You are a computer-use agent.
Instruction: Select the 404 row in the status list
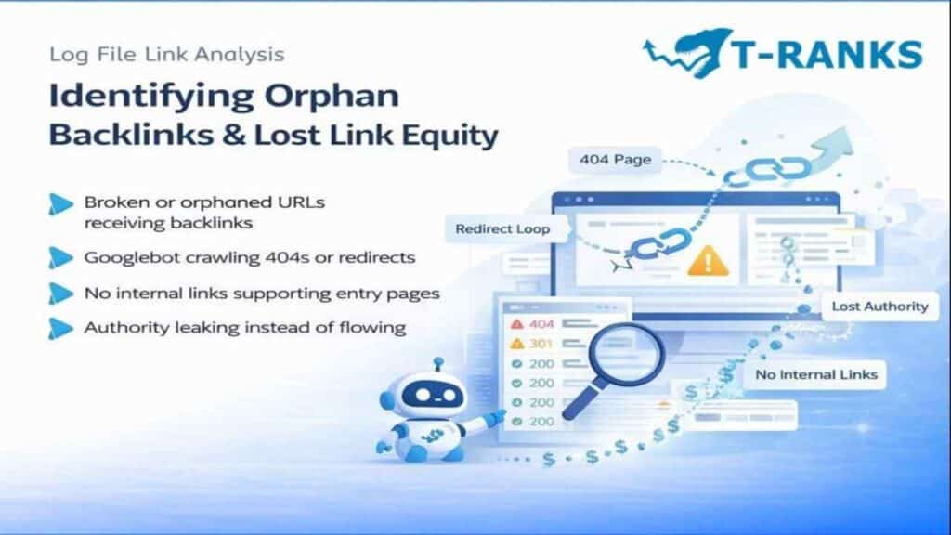tap(540, 324)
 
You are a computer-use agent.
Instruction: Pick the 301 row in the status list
tap(540, 344)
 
